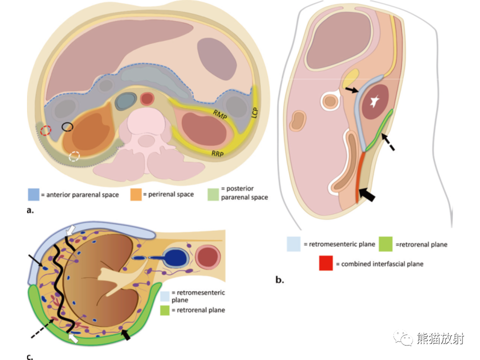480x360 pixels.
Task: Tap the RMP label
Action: [x=220, y=115]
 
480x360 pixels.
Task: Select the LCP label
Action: [x=254, y=112]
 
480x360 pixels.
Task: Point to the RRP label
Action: [x=217, y=153]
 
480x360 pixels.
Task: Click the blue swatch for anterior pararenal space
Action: [x=33, y=194]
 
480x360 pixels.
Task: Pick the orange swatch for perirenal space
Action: [x=136, y=194]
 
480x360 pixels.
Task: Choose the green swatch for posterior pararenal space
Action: [x=213, y=194]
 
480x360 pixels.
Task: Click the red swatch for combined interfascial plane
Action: [x=325, y=263]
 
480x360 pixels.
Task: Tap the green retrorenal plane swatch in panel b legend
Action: [x=385, y=244]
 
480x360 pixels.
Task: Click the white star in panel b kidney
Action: [x=374, y=101]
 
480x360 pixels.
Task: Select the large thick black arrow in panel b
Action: [x=366, y=194]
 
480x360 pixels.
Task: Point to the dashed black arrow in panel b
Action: [x=388, y=142]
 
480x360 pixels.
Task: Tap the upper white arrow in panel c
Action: [x=70, y=230]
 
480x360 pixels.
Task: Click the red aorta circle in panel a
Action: [x=147, y=99]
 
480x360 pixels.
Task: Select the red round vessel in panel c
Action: [x=208, y=256]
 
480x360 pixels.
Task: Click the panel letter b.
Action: [x=279, y=279]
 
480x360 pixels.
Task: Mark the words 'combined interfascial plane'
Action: [x=382, y=264]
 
